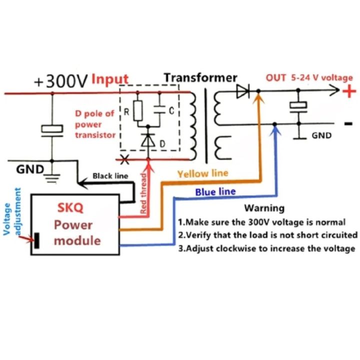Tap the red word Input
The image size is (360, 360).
[x=109, y=79]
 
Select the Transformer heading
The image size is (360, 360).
[x=200, y=77]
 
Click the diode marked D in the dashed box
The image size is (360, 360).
[x=148, y=141]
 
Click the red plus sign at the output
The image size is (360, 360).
[x=349, y=91]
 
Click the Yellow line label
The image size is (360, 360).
[x=202, y=173]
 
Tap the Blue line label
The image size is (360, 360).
[x=215, y=191]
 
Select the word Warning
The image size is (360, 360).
[x=264, y=208]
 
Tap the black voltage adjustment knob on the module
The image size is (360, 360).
[x=37, y=240]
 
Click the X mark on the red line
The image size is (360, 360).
[x=124, y=160]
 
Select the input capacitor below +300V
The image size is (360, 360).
[x=52, y=129]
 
